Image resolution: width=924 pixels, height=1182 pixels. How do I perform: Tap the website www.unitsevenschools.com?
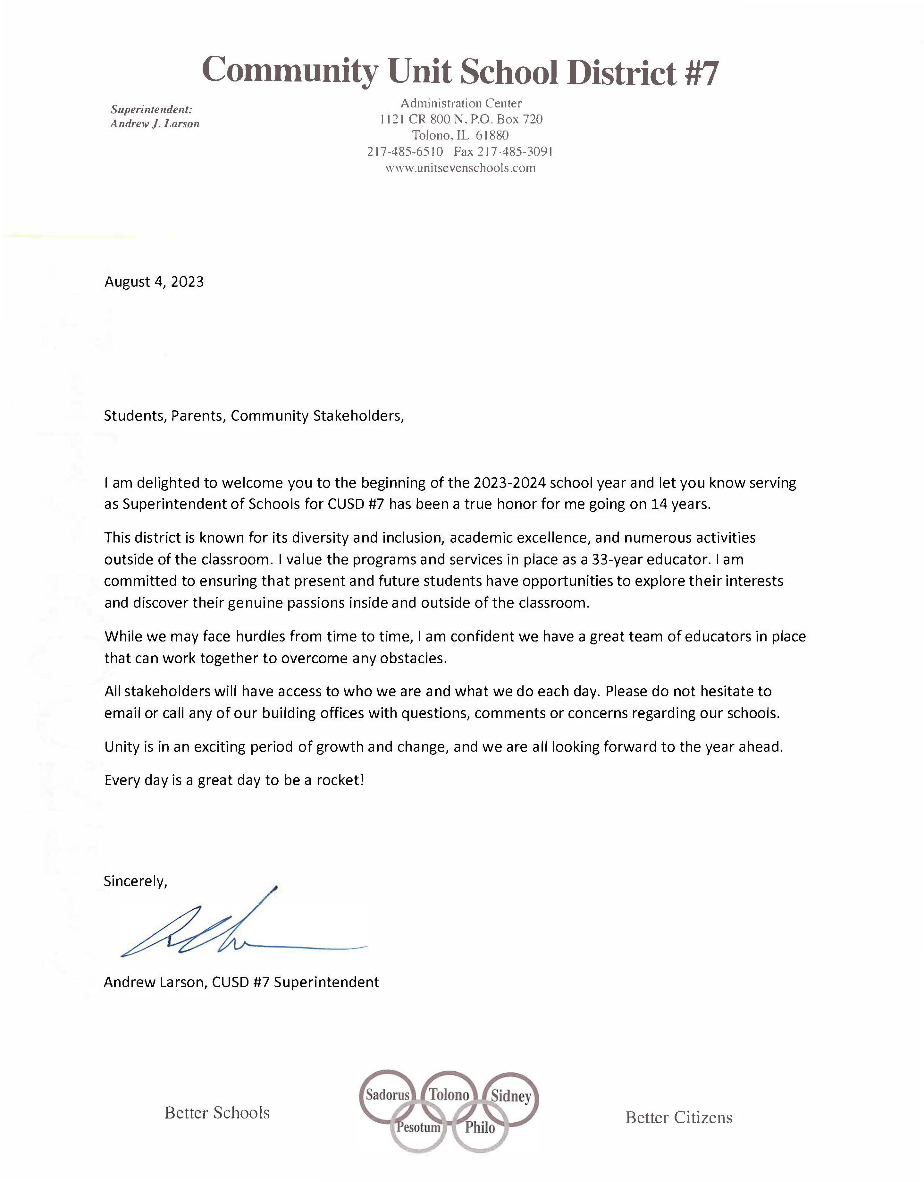[x=460, y=168]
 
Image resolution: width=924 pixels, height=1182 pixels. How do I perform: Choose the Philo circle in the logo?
[x=480, y=1127]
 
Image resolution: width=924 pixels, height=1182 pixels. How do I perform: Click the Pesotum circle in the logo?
[x=418, y=1127]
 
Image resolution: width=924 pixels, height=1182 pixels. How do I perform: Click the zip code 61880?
[x=492, y=135]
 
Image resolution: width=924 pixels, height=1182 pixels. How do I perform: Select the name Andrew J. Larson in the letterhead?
[x=155, y=124]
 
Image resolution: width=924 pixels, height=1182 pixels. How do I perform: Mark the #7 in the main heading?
[x=701, y=73]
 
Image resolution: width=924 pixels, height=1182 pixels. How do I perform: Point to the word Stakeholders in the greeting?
[x=358, y=416]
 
